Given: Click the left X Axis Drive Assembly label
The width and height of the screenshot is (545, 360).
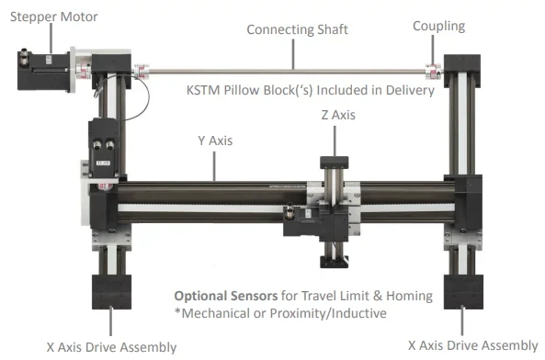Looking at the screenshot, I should (111, 346).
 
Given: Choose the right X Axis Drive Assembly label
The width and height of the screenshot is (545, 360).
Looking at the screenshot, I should (472, 345).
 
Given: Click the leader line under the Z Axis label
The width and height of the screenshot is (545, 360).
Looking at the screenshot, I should (335, 138).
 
